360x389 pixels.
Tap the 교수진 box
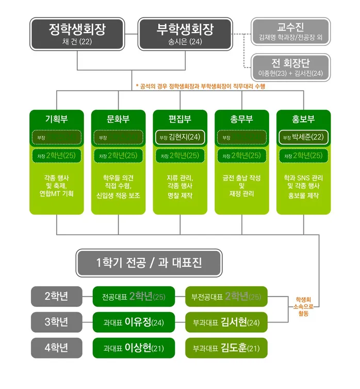(291, 32)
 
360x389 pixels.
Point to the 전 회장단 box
(291, 68)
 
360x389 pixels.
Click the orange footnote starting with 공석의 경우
(200, 87)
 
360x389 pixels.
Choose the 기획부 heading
(57, 119)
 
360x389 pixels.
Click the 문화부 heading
(118, 119)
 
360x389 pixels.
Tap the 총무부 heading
(241, 119)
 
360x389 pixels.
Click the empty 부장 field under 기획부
(57, 137)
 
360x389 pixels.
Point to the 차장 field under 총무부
(241, 155)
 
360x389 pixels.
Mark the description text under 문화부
(118, 186)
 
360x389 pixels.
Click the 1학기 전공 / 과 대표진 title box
(149, 263)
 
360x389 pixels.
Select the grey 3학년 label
(56, 322)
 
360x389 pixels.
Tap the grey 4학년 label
(56, 348)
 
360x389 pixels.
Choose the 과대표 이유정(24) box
(134, 322)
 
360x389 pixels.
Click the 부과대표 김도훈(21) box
(226, 348)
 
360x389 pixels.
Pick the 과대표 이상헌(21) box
(134, 348)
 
